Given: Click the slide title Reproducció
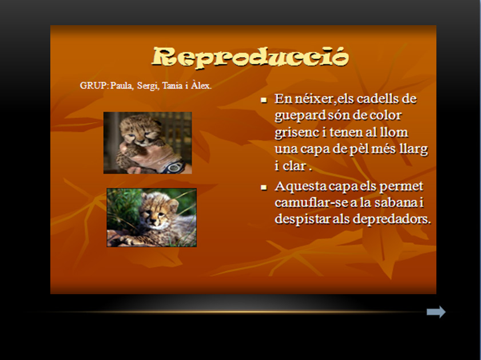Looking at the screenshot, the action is (251, 57).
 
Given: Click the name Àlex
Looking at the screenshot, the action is (201, 85).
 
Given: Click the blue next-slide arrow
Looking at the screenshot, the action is (436, 312).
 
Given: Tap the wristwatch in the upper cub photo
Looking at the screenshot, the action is (174, 167).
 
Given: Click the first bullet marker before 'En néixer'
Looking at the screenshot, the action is (264, 100).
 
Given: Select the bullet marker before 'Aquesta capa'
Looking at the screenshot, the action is (264, 187).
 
